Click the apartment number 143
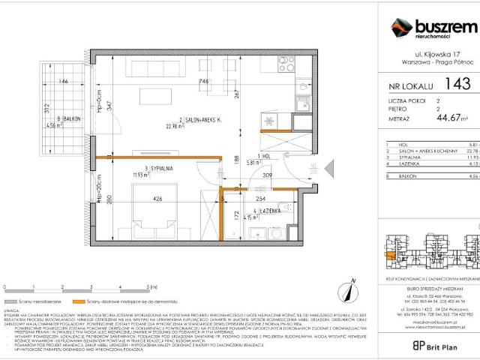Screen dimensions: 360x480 [457, 84]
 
